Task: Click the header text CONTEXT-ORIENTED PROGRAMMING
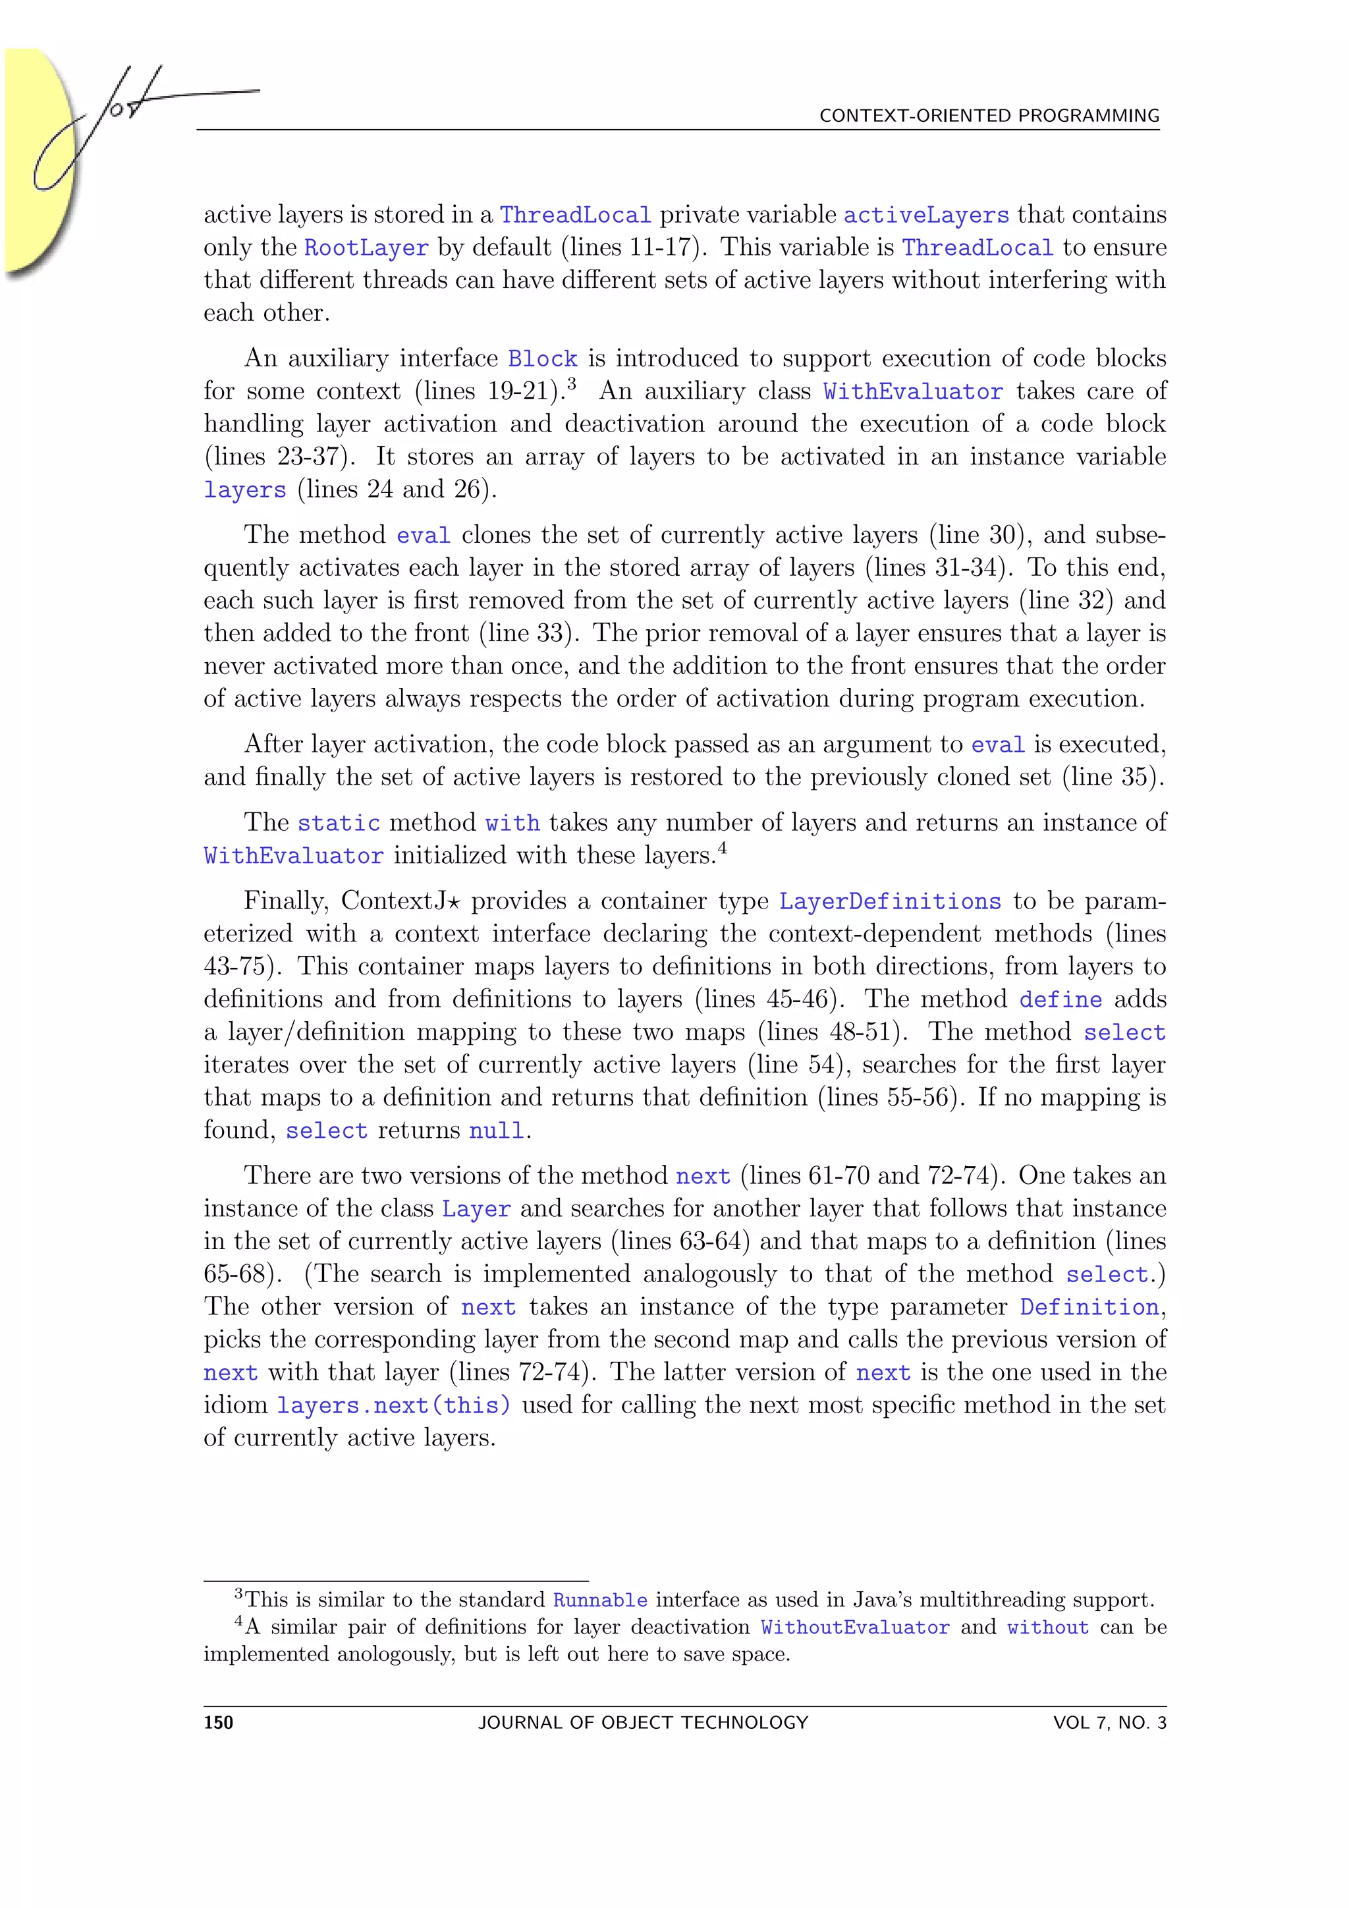point(989,115)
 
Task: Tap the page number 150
point(219,1723)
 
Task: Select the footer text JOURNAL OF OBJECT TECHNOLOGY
point(643,1723)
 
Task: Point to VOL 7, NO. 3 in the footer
point(1109,1723)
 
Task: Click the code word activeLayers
point(926,215)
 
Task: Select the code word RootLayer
point(366,248)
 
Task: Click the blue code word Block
point(542,359)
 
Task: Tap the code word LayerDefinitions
point(890,902)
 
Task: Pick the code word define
point(1060,999)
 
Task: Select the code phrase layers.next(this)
point(393,1405)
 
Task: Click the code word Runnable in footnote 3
point(600,1600)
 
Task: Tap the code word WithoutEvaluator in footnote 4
point(855,1627)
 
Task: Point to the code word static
point(338,824)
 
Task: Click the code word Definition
point(1089,1307)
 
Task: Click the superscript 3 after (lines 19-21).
point(572,385)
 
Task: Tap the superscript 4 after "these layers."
point(723,849)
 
